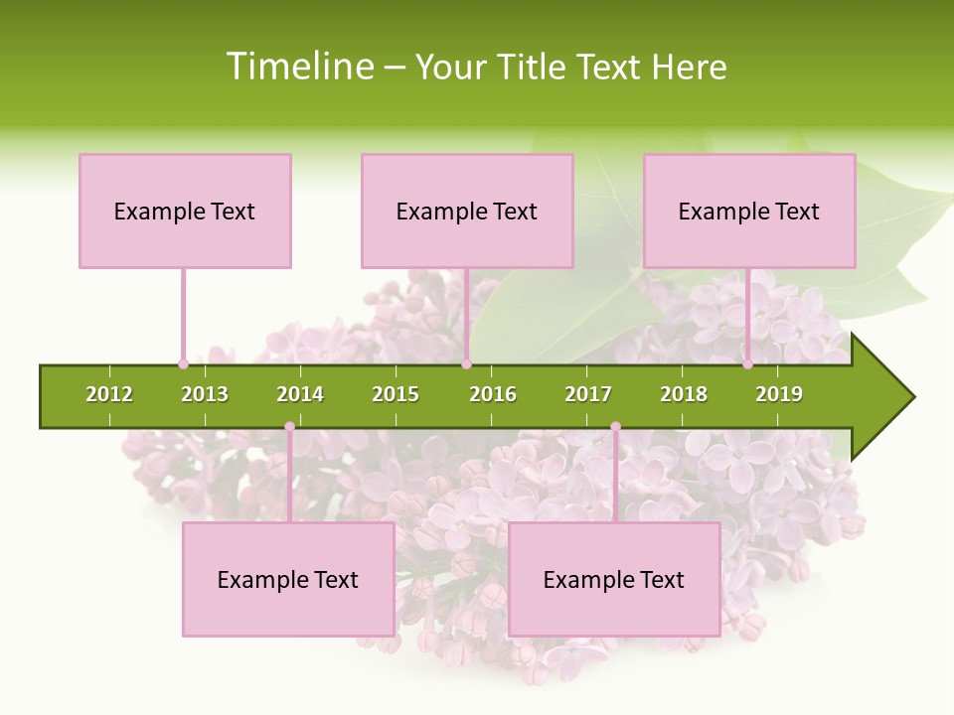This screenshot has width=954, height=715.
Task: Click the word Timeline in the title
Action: [x=299, y=67]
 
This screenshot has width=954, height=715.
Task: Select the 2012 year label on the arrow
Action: [x=109, y=394]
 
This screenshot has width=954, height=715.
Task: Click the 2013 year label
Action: [x=205, y=394]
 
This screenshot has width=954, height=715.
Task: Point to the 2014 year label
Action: [x=300, y=394]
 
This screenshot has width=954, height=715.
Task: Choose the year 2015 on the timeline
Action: [x=396, y=394]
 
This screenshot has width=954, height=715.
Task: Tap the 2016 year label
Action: [x=493, y=394]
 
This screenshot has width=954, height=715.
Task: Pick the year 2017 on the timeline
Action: [x=588, y=394]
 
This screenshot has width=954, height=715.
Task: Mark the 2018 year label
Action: [x=684, y=394]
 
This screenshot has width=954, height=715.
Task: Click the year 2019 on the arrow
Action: [x=779, y=394]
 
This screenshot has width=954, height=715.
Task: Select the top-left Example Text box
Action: [x=185, y=211]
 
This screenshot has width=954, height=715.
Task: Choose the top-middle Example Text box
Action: [x=467, y=211]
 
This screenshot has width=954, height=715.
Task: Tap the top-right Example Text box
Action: [x=749, y=211]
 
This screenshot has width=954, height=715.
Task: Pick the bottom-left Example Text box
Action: [x=288, y=580]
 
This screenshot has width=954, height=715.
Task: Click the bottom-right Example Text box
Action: [x=614, y=580]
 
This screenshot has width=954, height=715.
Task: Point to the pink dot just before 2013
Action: [x=183, y=363]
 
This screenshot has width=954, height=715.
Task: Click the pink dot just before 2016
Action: [x=466, y=363]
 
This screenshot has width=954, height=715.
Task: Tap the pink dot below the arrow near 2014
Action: [x=289, y=427]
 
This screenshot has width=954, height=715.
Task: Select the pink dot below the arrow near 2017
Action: [x=615, y=427]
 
